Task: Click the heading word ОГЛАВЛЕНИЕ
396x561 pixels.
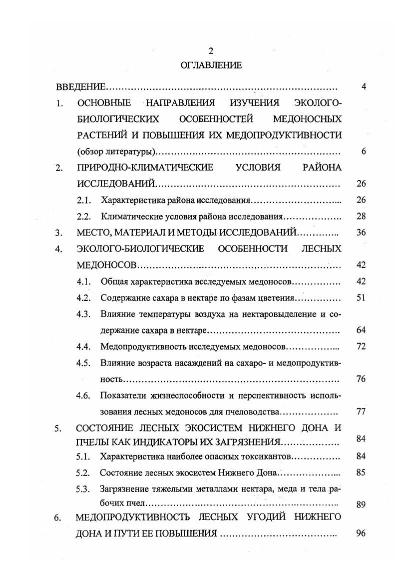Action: coord(210,65)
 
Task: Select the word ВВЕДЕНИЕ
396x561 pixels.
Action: coord(80,87)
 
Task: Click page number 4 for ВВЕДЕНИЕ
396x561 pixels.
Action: coord(364,86)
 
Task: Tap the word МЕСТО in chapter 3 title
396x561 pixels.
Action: coord(92,232)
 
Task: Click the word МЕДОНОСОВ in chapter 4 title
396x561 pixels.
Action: coord(106,265)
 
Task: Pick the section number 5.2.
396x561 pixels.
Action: coord(83,472)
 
